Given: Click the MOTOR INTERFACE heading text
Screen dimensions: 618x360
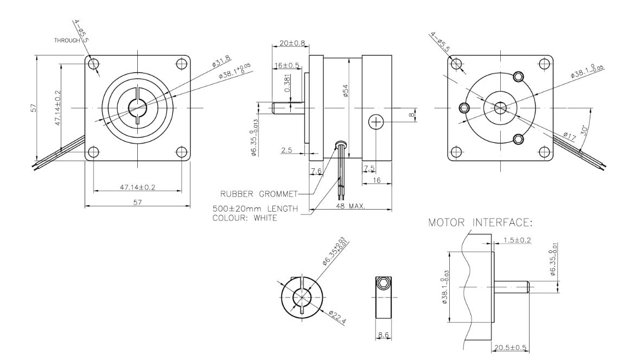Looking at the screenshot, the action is [x=480, y=223].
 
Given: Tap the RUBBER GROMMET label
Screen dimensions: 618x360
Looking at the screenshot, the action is [x=259, y=194].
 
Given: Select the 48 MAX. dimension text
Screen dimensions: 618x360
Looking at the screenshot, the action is [x=351, y=206].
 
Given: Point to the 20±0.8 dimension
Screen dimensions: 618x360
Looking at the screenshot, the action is [x=292, y=43].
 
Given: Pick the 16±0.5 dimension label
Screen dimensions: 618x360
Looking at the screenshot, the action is [x=286, y=65].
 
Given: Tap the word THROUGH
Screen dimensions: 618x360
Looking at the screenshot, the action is [x=67, y=40].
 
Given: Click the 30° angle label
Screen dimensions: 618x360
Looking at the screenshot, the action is [x=585, y=130].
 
